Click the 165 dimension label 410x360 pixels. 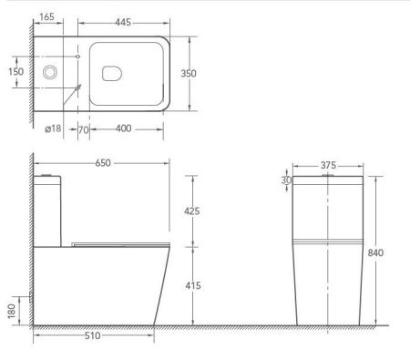46,17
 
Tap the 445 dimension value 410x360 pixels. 123,22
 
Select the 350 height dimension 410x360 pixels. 189,73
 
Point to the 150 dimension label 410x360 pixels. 15,72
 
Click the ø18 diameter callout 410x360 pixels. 53,129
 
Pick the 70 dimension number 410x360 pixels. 84,130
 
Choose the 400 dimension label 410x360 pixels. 124,129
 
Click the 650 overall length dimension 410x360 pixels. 103,163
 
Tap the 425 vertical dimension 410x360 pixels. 192,211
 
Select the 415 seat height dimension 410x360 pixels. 193,285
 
